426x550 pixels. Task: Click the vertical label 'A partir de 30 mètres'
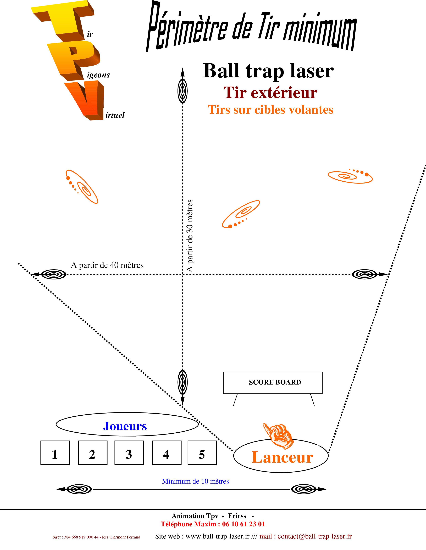[x=189, y=236]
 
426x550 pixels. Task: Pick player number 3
[x=129, y=455]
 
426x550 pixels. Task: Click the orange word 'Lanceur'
[x=282, y=457]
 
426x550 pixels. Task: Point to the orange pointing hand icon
[x=279, y=436]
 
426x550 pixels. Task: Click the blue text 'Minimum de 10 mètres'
[x=195, y=481]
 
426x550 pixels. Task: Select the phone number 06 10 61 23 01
[x=244, y=524]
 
